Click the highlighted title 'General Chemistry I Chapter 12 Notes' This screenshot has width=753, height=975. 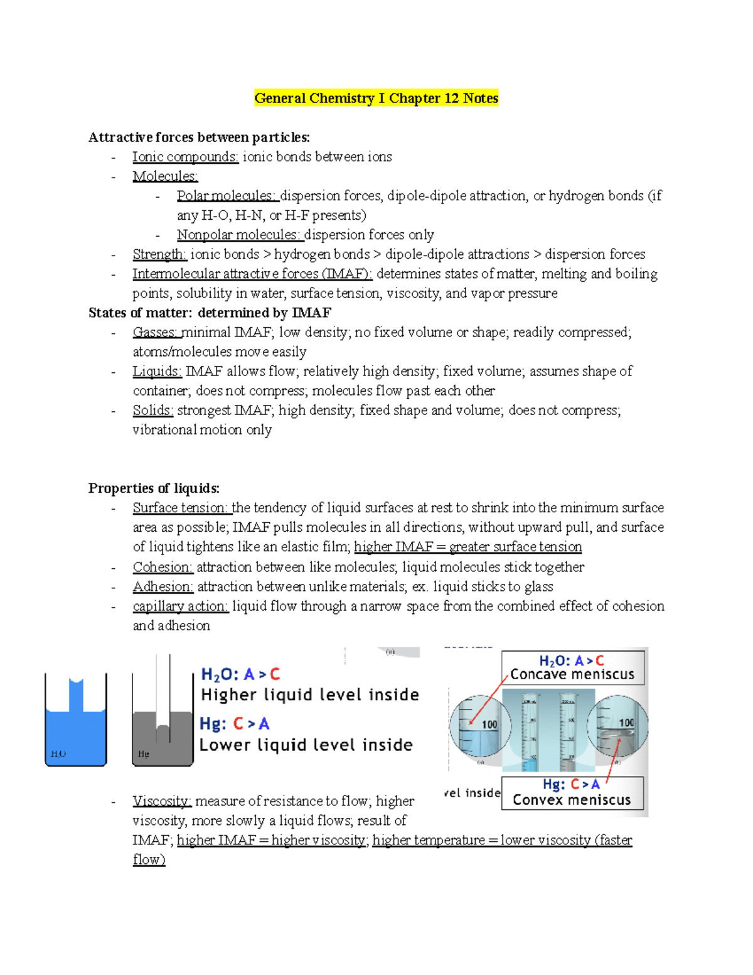376,99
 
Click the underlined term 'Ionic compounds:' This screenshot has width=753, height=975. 185,157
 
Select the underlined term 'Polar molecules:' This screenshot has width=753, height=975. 227,196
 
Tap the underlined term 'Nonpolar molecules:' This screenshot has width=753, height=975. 240,235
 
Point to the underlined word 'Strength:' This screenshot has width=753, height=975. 159,254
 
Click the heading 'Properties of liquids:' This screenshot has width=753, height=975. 154,488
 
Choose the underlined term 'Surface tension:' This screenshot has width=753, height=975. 181,508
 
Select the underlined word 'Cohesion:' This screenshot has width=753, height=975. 163,568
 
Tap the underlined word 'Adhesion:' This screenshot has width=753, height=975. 163,587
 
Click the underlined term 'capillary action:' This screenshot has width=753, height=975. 180,606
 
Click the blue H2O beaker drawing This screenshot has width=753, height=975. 76,722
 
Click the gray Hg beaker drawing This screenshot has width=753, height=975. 163,722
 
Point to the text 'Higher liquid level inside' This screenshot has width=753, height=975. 310,695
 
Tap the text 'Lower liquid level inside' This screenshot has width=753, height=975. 306,745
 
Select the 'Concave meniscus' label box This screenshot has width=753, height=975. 572,668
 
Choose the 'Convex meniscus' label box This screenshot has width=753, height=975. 572,793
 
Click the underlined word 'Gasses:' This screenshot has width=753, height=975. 156,333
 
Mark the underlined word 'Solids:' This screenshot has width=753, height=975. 152,411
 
